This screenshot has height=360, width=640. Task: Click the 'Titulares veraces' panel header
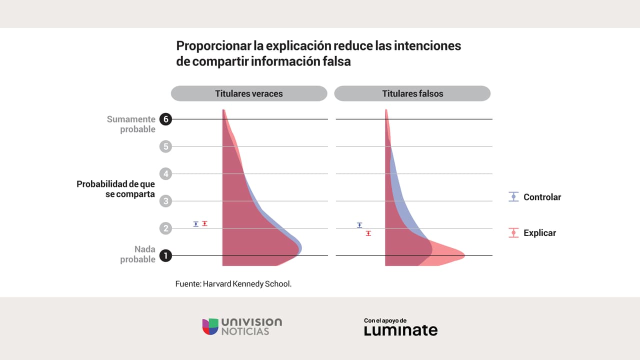[x=249, y=93]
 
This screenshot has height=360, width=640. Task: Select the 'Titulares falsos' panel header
[x=412, y=93]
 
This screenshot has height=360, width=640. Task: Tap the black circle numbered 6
[x=165, y=119]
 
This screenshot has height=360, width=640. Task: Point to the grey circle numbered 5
[x=165, y=146]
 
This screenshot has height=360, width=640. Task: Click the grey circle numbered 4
[x=165, y=174]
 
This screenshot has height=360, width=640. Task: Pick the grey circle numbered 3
[x=165, y=201]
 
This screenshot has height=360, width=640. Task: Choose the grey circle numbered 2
[x=165, y=228]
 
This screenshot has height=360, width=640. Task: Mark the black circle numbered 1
[x=165, y=256]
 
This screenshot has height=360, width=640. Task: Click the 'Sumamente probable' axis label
[x=131, y=124]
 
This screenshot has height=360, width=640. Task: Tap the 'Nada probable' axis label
[x=137, y=254]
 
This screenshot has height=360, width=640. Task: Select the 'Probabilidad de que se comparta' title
[x=115, y=189]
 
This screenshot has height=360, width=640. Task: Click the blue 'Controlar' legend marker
[x=513, y=197]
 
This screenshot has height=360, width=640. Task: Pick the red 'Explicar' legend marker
[x=513, y=233]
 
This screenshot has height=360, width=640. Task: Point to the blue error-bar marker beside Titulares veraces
[x=196, y=224]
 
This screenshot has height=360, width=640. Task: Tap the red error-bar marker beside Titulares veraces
[x=204, y=223]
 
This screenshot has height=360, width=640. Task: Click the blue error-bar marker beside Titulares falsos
[x=359, y=225]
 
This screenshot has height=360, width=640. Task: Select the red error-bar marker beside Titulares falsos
[x=368, y=233]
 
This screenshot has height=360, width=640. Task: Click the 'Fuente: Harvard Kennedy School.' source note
[x=233, y=283]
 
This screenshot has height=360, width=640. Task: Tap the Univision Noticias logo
[x=242, y=326]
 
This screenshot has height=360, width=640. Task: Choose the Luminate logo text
[x=400, y=330]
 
